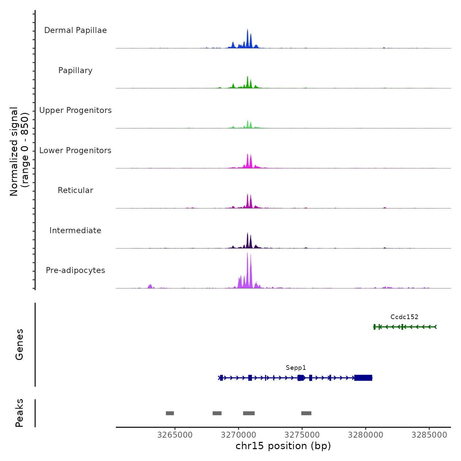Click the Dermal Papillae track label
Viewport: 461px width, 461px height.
(75, 30)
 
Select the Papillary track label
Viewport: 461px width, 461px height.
(75, 70)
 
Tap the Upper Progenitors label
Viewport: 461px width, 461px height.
(75, 110)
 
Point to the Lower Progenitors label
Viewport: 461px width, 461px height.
(75, 150)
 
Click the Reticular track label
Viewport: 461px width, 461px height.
(75, 190)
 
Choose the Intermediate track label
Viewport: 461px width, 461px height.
(75, 230)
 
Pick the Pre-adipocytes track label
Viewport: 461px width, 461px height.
(75, 270)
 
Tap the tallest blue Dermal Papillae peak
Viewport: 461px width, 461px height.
(248, 36)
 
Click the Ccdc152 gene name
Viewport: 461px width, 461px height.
(404, 317)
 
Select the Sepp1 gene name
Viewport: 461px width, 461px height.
(296, 368)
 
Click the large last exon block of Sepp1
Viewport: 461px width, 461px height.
(363, 378)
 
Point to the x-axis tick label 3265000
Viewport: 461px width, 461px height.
(175, 435)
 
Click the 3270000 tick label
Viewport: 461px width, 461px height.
(238, 435)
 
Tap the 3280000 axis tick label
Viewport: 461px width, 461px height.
(366, 435)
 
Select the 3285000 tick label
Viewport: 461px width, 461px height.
(429, 435)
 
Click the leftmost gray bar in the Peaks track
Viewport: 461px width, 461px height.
(170, 413)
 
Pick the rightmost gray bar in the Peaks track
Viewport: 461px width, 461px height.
(306, 413)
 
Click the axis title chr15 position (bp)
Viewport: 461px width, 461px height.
(283, 446)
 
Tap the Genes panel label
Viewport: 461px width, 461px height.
(19, 344)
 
